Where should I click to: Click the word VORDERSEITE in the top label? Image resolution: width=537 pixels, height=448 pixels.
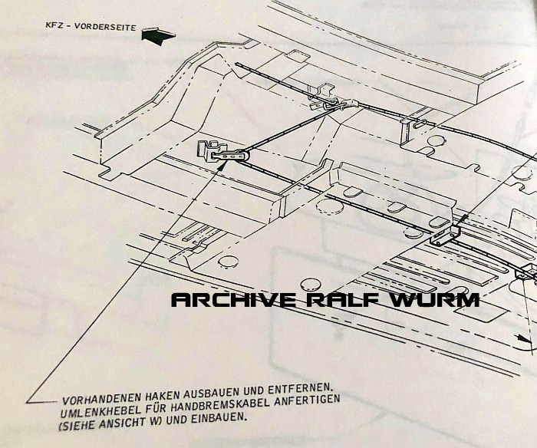click(105, 27)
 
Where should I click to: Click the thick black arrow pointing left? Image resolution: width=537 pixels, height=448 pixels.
click(158, 35)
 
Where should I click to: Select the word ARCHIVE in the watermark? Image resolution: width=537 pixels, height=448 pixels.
click(233, 300)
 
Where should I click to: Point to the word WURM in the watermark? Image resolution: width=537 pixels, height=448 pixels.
click(435, 300)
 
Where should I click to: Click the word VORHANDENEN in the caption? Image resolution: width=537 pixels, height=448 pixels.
click(102, 399)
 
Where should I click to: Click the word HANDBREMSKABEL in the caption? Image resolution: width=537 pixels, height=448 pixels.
click(227, 405)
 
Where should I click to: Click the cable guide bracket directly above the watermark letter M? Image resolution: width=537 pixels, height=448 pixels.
click(444, 236)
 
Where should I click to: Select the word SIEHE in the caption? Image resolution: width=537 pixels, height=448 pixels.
click(79, 425)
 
